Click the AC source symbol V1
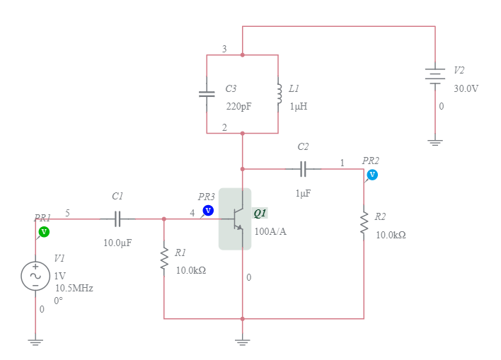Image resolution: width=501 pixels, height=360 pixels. [35, 276]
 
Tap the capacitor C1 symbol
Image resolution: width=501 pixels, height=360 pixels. [118, 219]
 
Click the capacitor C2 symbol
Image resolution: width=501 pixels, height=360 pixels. [303, 169]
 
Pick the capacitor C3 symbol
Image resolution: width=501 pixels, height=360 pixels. [207, 93]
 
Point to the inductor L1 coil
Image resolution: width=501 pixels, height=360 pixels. [279, 93]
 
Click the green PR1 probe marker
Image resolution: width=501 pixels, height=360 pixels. [43, 231]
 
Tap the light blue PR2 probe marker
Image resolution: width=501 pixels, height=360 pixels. [372, 175]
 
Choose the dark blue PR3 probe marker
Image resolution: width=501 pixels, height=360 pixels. [208, 210]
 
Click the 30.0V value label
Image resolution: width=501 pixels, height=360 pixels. [466, 88]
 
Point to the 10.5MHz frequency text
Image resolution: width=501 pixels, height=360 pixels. [74, 289]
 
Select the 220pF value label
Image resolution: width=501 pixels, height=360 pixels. [238, 106]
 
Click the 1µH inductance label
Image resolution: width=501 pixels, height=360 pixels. [298, 106]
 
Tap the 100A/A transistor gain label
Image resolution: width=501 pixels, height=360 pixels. [270, 231]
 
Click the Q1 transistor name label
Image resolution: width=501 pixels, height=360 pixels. [260, 214]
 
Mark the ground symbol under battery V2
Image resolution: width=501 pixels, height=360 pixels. [434, 141]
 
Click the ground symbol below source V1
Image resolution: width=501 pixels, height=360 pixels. [35, 342]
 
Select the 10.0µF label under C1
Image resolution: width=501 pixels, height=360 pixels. [117, 243]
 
